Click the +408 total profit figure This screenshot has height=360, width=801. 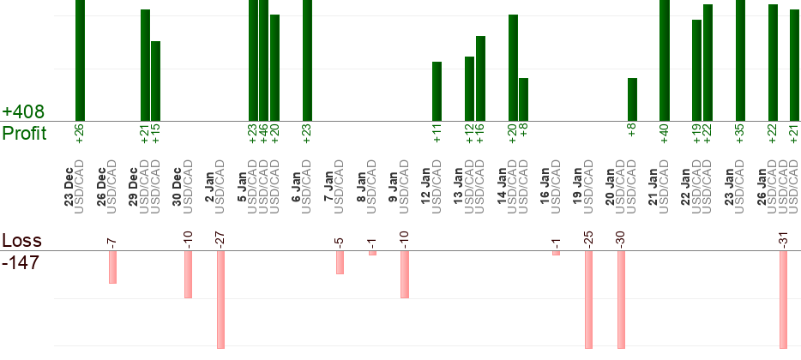pos(23,112)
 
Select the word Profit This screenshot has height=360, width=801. pos(25,134)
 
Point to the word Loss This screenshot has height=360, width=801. pos(21,241)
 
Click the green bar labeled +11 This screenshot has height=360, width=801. pos(437,91)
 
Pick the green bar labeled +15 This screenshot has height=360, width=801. pos(155,81)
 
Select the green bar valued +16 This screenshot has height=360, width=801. pos(480,78)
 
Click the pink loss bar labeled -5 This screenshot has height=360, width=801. pos(340,262)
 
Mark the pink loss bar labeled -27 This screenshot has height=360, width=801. pos(220,299)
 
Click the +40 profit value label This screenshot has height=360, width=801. pos(664,135)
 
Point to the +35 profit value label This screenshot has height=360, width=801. pos(740,135)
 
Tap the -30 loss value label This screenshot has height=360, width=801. pos(621,239)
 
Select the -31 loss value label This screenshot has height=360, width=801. pos(783,239)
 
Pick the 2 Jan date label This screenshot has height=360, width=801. pos(209,189)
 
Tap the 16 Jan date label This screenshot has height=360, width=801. pos(545,189)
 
